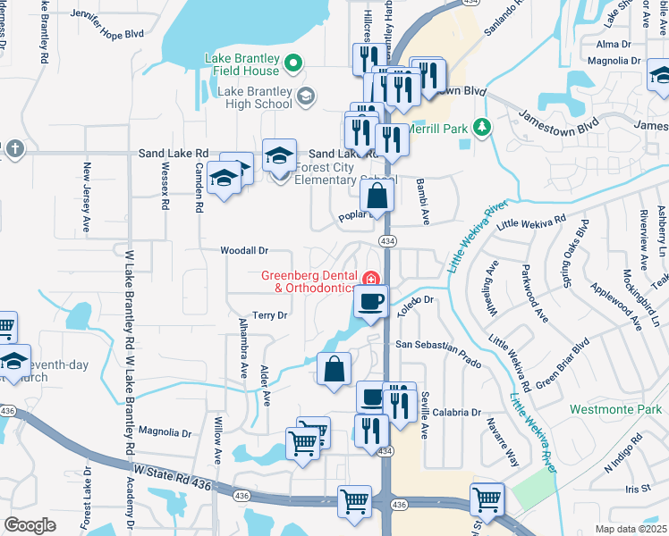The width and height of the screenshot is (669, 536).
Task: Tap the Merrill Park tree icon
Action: (x=481, y=128)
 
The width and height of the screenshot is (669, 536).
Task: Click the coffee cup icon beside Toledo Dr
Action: (x=370, y=301)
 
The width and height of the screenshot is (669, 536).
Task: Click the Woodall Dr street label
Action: (x=244, y=252)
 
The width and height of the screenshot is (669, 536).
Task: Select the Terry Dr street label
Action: (x=269, y=315)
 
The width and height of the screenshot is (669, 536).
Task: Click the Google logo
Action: (x=30, y=524)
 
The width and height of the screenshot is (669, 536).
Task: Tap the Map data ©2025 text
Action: (x=631, y=528)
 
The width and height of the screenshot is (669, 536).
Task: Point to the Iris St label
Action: (x=638, y=489)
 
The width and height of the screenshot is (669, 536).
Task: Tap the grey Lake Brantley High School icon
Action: (x=305, y=96)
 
